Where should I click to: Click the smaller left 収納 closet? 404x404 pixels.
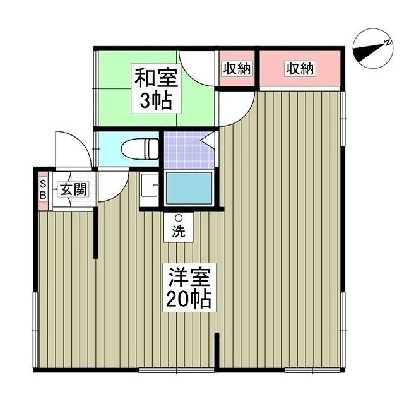[x=236, y=69]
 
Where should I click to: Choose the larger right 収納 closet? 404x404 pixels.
[x=299, y=69]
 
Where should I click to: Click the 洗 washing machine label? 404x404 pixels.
[x=179, y=231]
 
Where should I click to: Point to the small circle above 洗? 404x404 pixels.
[x=179, y=218]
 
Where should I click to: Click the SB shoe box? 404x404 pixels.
[x=43, y=189]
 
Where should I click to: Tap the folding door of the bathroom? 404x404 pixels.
[x=208, y=140]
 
